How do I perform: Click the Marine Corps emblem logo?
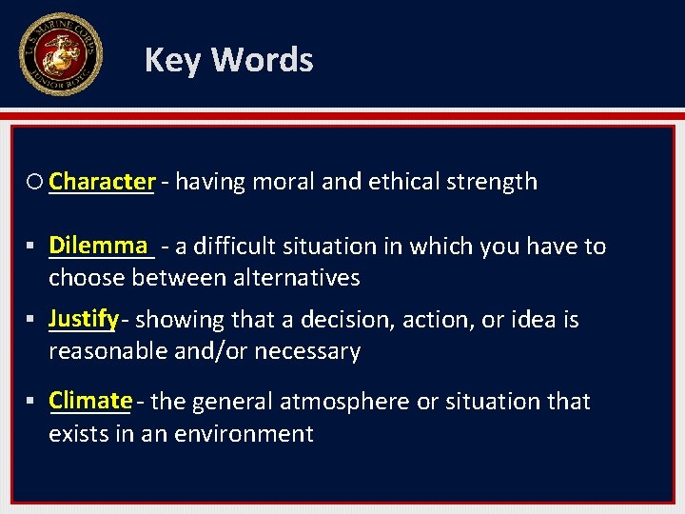(x=60, y=55)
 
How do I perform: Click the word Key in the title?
(x=173, y=60)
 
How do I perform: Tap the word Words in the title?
(x=262, y=60)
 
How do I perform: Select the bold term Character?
(x=102, y=181)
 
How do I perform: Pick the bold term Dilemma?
(x=100, y=245)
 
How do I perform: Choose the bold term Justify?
(x=84, y=318)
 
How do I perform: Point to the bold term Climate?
(x=90, y=400)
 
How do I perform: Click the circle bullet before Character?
(x=36, y=182)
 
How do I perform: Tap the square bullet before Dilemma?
(x=34, y=247)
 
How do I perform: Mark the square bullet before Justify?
(x=34, y=320)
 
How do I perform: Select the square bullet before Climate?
(x=34, y=402)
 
